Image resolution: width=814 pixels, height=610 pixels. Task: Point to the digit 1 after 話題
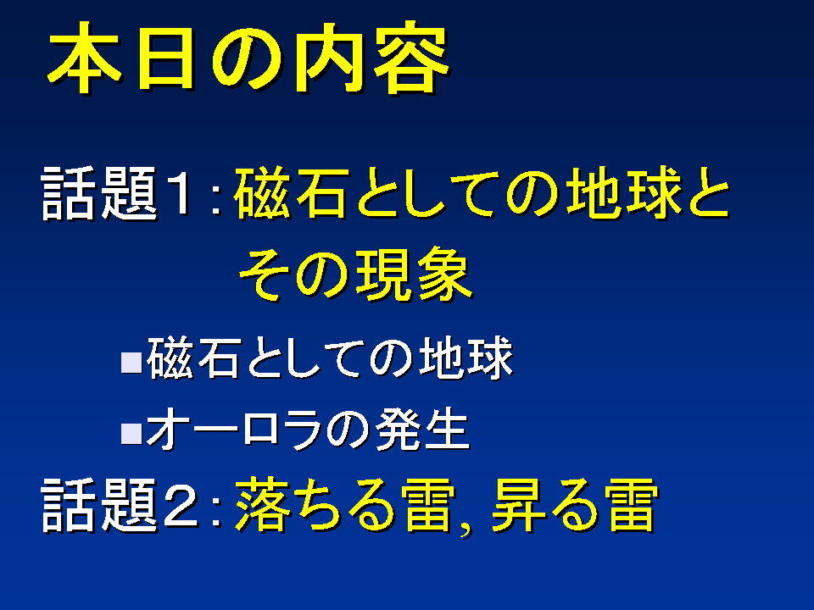click(179, 192)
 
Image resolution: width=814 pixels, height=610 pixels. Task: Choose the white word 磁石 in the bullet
click(193, 358)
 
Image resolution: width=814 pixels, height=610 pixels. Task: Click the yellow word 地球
click(623, 192)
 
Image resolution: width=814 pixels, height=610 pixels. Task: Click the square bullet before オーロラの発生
click(131, 434)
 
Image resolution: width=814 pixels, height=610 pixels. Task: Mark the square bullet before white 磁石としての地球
click(131, 363)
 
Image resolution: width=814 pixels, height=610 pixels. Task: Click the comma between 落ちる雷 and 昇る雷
click(466, 529)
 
